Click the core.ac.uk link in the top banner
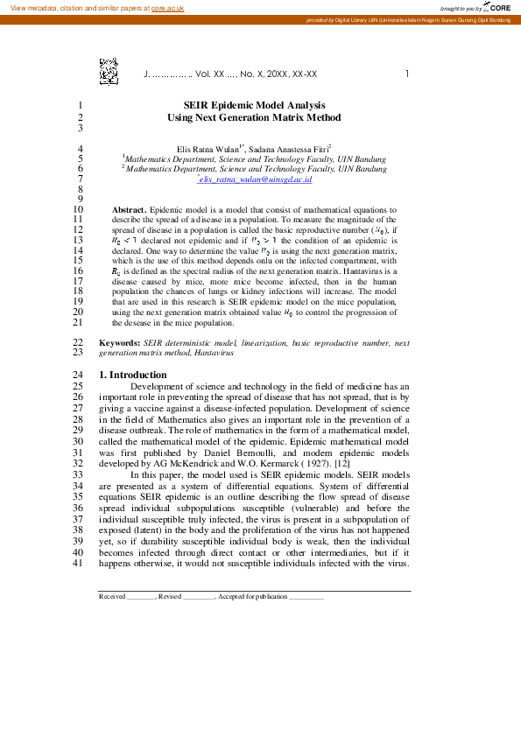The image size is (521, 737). [167, 8]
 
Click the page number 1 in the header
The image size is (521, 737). [406, 74]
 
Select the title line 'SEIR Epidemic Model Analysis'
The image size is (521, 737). [254, 104]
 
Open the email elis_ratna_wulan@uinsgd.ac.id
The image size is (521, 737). [256, 179]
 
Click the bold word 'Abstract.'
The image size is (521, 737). [130, 211]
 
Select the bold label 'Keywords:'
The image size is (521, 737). [119, 344]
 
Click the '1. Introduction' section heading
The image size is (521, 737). [132, 375]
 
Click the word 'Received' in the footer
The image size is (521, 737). [112, 596]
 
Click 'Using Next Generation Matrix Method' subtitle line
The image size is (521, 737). [254, 117]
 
